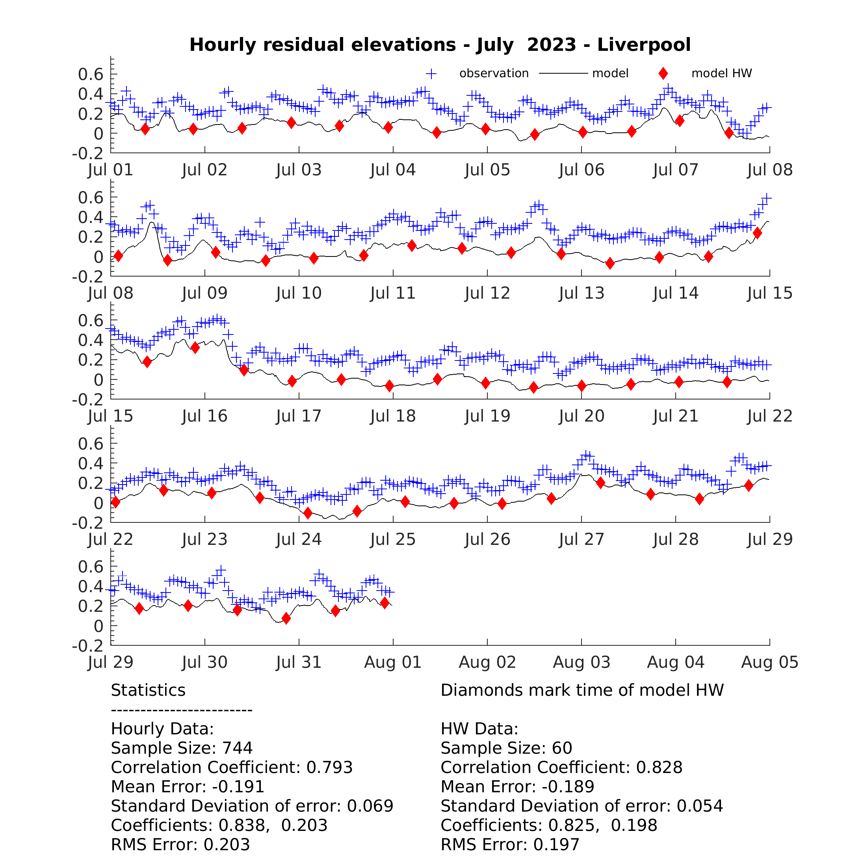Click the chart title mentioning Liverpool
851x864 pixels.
440,45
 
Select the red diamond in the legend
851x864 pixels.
663,73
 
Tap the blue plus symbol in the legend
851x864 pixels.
431,74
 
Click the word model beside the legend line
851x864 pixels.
610,73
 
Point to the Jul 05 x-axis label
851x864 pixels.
487,170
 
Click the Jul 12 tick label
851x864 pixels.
487,293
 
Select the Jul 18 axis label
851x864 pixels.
393,416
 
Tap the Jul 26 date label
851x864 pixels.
487,539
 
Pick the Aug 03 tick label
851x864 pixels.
582,662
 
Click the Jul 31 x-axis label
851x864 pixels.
299,662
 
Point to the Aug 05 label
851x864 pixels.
770,662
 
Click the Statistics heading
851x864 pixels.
148,690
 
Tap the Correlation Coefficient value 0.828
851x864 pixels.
659,767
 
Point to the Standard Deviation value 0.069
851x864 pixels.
370,805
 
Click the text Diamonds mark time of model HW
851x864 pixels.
582,690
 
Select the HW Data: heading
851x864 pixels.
479,728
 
